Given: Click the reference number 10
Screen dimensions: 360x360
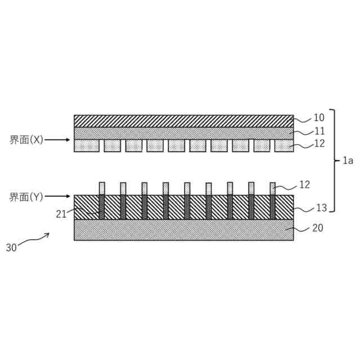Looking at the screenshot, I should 319,118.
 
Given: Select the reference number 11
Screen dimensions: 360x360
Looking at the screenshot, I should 319,131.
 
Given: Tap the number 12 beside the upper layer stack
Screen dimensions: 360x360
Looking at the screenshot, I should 319,144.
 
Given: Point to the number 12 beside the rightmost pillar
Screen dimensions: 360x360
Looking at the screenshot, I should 304,184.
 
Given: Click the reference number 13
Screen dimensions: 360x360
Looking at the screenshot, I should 321,208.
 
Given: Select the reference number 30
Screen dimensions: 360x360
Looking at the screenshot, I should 11,247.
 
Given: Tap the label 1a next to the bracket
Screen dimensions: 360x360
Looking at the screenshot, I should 347,161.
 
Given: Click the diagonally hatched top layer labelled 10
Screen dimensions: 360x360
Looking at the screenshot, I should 183,121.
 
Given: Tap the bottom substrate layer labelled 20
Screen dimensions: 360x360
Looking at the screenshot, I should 183,229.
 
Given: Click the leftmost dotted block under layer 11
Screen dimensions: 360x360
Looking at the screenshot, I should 87,146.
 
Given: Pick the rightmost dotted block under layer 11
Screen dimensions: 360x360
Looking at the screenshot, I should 284,146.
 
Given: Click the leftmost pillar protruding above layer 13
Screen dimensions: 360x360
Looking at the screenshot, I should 102,188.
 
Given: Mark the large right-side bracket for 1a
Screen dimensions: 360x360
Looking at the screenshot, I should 334,161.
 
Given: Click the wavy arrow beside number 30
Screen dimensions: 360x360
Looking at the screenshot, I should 35,240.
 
